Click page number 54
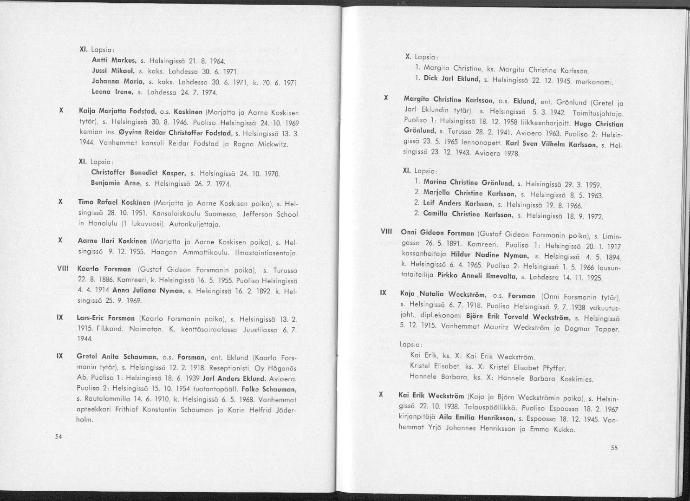tap(58, 436)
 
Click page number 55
tap(614, 448)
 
